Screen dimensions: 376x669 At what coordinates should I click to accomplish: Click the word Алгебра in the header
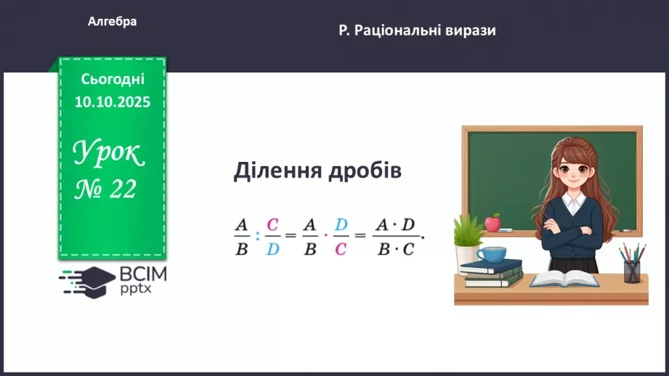112,22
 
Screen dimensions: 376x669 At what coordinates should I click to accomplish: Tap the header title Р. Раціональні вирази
417,30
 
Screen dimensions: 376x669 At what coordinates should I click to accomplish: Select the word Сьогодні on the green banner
113,78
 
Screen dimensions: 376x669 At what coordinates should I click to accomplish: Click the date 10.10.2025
113,102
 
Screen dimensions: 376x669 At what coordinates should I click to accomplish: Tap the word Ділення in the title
276,171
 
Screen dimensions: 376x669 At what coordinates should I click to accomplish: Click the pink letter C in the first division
272,224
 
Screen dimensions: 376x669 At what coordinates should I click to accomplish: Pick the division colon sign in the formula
257,234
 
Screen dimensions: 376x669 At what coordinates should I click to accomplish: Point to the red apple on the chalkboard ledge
492,222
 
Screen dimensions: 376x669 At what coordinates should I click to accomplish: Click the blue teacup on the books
491,255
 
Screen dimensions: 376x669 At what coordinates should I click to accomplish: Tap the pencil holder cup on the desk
632,270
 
